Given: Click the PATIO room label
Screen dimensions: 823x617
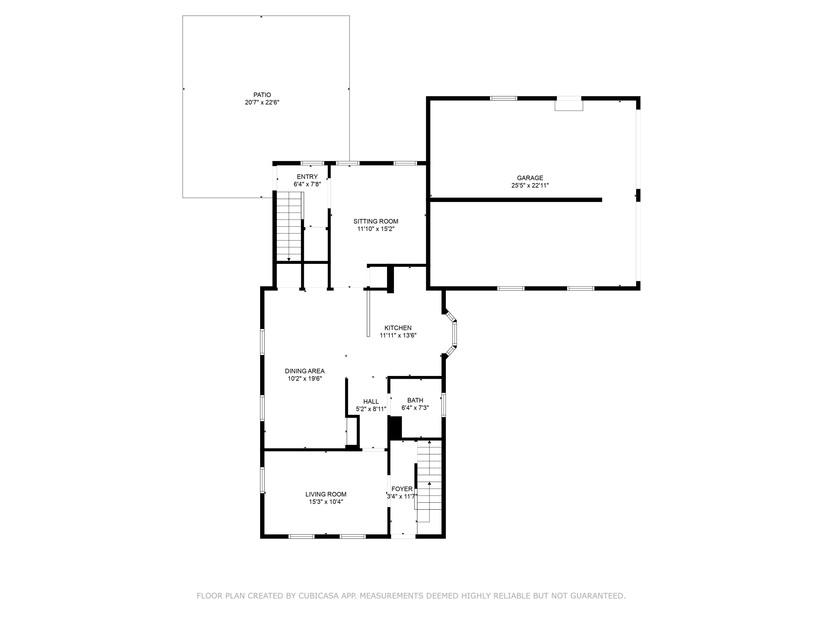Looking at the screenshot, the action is (262, 95).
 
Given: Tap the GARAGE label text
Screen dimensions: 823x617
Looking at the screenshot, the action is (530, 178).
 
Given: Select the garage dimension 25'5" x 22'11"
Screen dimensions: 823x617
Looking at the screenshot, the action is (530, 185).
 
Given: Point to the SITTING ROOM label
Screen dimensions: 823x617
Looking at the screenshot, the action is (376, 221).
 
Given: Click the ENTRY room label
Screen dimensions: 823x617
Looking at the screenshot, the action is (307, 177).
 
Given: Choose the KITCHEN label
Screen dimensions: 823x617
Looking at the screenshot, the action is (398, 328).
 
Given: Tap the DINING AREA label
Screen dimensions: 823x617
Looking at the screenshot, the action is (305, 371).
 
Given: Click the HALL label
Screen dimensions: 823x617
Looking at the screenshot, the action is (371, 401).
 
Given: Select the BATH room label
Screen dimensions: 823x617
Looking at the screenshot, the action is (415, 400).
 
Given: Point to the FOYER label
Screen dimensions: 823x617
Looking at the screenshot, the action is (402, 489).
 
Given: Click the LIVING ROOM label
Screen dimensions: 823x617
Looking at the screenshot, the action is (326, 494).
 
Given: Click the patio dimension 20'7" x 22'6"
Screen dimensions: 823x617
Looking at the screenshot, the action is (262, 102).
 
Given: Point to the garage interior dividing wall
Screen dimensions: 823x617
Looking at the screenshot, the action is (516, 200).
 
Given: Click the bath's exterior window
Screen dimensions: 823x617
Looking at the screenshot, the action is (444, 405).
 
